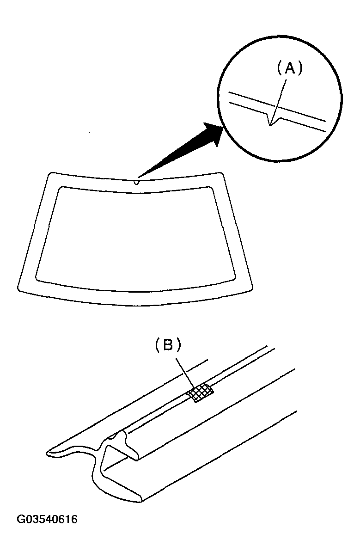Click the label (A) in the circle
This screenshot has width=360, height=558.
point(290,68)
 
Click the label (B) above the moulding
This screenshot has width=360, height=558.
point(168,345)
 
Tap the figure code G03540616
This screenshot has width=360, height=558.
point(47,520)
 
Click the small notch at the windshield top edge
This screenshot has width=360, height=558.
point(136,183)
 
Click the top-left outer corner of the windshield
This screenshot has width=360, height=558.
point(50,173)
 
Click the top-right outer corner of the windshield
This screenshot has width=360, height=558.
point(220,173)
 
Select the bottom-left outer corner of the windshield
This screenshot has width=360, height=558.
point(19,289)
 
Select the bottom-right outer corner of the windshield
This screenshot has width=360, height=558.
point(251,289)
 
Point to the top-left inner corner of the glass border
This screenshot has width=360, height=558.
point(60,187)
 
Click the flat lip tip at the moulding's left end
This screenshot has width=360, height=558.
point(47,453)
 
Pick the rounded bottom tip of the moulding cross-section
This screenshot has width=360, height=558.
point(140,501)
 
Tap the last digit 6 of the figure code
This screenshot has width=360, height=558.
point(74,520)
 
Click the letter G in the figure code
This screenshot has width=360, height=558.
point(20,520)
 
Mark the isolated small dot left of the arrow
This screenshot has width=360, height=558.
point(89,133)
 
